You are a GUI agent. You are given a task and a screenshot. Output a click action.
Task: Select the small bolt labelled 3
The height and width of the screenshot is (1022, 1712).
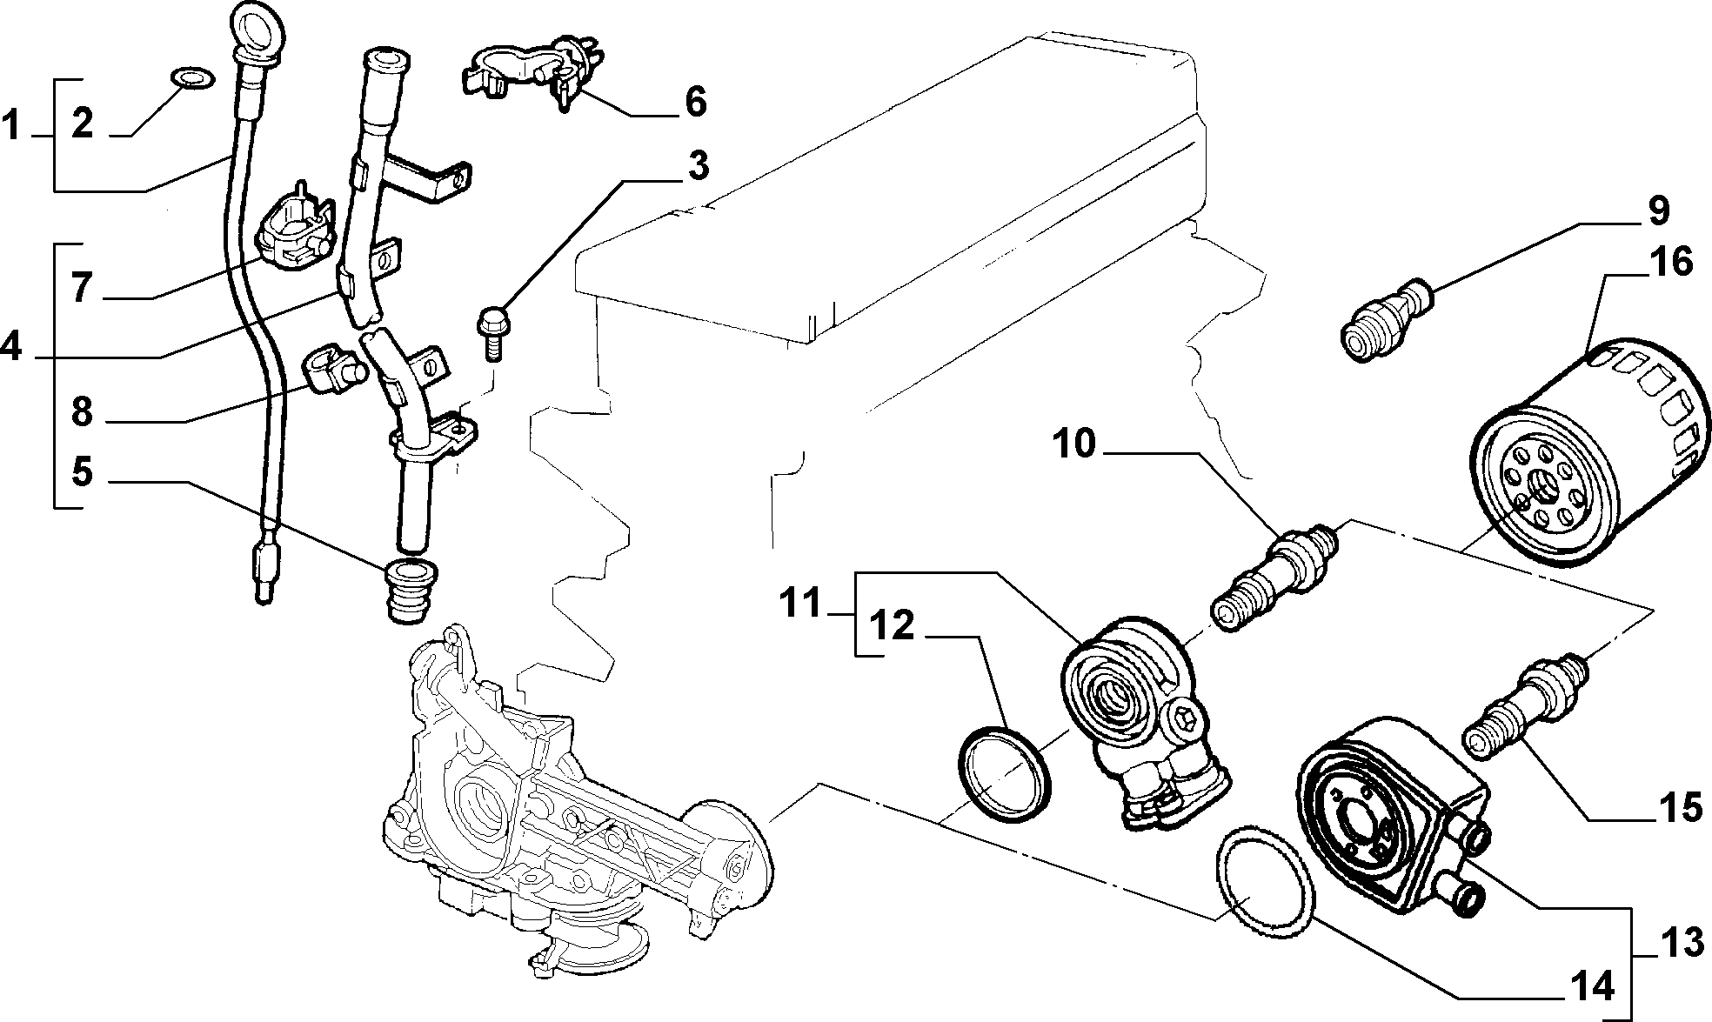pyautogui.click(x=492, y=331)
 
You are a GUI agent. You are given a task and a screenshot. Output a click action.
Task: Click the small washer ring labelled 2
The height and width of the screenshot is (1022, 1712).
pyautogui.click(x=186, y=76)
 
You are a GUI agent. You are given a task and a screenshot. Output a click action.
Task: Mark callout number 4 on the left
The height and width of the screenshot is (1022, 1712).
pyautogui.click(x=10, y=348)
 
